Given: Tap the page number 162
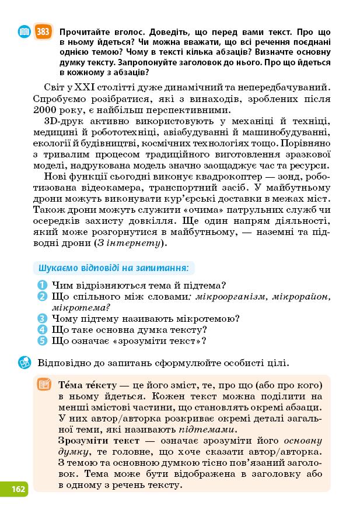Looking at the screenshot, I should coord(18,489).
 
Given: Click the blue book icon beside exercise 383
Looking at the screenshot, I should coord(24,32).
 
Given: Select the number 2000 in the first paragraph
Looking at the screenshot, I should coord(44,110).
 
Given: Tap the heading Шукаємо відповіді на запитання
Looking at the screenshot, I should coord(113,269).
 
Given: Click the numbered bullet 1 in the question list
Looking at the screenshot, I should coord(42,286).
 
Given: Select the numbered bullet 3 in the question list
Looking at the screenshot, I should coord(42,319).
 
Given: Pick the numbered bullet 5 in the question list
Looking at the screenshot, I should coord(42,341).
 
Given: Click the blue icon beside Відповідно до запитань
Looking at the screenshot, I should coord(25,363).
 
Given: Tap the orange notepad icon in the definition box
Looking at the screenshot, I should coord(44,385).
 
